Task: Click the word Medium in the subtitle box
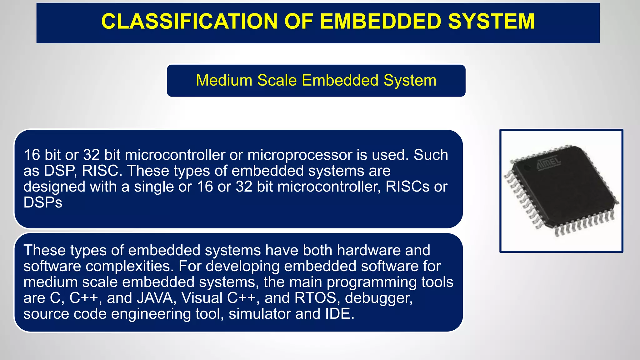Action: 224,80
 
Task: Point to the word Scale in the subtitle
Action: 277,80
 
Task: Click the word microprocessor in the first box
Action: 300,155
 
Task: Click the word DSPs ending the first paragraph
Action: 43,203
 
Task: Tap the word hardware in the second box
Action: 369,250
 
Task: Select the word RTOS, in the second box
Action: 317,298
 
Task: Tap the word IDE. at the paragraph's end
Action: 339,314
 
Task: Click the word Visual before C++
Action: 202,298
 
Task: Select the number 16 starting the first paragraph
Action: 32,155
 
